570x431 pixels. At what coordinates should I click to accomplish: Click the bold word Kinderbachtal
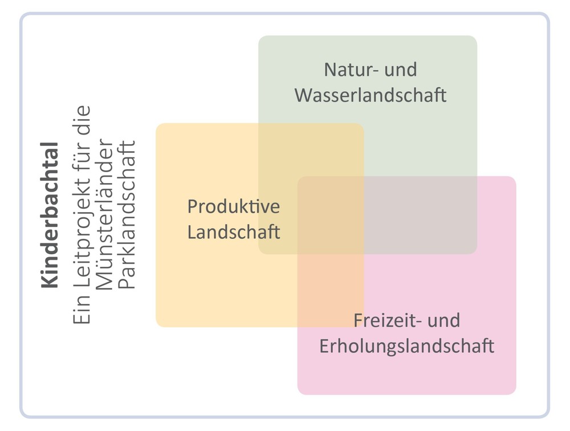50,215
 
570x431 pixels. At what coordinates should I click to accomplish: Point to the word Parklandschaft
127,215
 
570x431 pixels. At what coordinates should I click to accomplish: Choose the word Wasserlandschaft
370,95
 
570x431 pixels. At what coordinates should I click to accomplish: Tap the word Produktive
234,206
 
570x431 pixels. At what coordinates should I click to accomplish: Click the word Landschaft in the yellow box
234,232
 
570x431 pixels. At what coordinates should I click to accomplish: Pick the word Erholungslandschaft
407,346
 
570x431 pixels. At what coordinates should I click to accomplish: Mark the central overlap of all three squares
331,215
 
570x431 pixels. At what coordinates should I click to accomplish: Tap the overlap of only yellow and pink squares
331,290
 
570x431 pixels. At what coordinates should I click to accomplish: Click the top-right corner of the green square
477,36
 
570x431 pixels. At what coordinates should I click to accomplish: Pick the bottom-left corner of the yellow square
156,327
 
